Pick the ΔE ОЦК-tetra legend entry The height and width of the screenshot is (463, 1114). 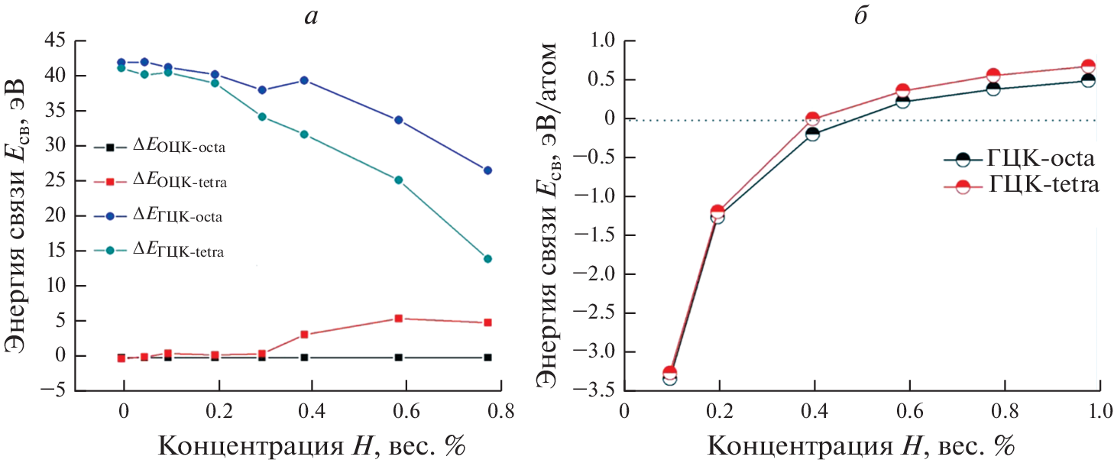pyautogui.click(x=160, y=182)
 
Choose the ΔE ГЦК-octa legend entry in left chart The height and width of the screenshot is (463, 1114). pyautogui.click(x=160, y=216)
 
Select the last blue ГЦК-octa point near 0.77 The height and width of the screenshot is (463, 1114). pyautogui.click(x=487, y=170)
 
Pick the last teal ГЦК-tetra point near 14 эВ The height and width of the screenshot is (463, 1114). pyautogui.click(x=487, y=259)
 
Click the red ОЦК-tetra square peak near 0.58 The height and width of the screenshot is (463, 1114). pyautogui.click(x=398, y=319)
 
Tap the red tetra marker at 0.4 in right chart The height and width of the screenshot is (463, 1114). pyautogui.click(x=812, y=119)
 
